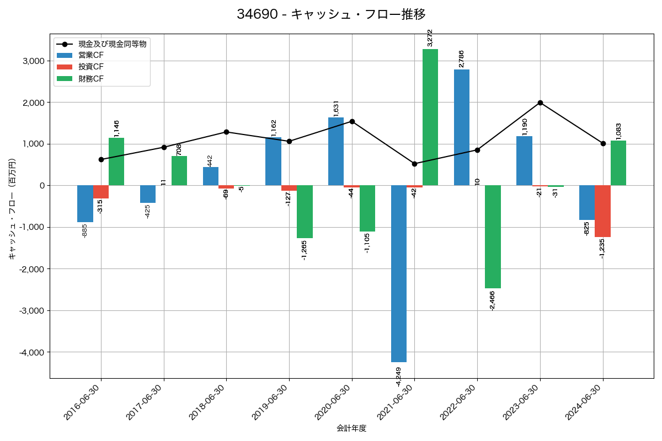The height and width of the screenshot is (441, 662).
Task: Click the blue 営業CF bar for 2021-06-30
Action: pos(399,273)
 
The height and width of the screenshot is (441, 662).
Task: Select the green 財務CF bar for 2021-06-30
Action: pos(430,117)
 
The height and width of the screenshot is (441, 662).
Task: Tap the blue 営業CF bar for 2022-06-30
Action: pos(462,127)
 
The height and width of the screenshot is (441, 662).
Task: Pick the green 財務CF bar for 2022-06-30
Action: pos(493,236)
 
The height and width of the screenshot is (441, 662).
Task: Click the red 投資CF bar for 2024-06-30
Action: pos(602,211)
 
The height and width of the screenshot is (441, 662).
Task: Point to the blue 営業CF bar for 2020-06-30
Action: pos(336,152)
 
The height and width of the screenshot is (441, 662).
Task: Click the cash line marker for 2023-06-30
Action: pos(540,103)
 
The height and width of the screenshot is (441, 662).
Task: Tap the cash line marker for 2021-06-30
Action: pos(414,164)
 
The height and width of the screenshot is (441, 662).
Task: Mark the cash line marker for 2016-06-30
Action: pos(101,159)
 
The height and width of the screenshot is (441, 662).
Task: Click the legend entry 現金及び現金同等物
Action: pos(113,44)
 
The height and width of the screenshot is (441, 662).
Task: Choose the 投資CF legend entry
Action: pos(91,67)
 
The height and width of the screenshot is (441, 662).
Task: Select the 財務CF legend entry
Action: pos(91,79)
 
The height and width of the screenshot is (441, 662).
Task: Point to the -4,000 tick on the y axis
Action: pos(33,352)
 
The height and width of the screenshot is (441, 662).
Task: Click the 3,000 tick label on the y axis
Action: pos(34,61)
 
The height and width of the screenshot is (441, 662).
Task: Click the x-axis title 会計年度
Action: pos(351,428)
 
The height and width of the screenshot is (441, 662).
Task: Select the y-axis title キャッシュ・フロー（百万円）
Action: pos(12,209)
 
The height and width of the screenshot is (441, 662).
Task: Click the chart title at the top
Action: pos(331,14)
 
